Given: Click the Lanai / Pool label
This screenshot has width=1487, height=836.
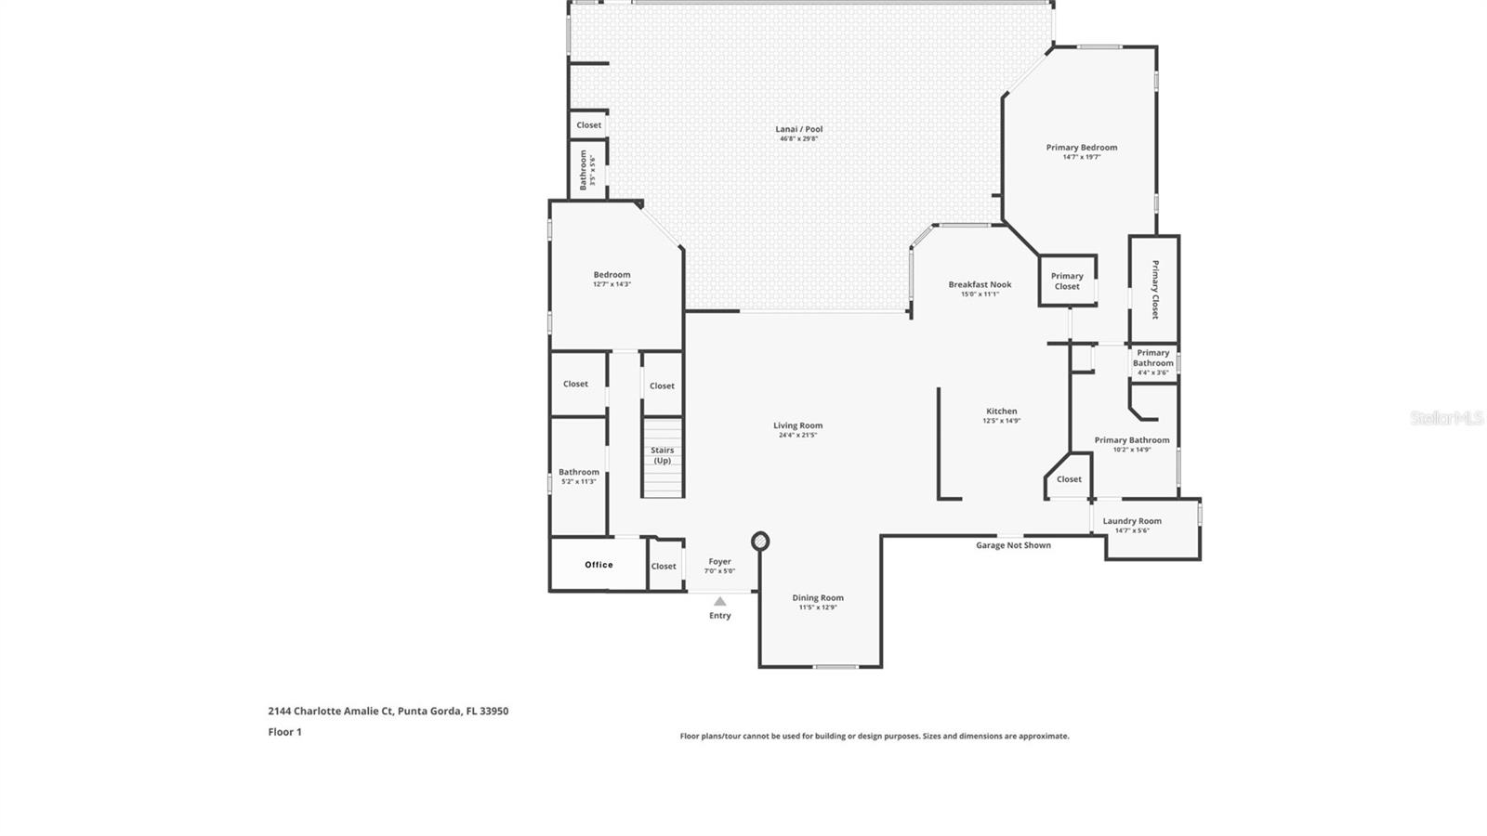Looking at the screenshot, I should tap(798, 129).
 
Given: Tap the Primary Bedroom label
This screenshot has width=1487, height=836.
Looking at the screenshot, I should tap(1081, 147).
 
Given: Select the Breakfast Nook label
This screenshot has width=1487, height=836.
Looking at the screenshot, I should tap(980, 284).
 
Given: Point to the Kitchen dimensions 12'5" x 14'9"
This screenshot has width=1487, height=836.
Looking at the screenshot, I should tap(1001, 421).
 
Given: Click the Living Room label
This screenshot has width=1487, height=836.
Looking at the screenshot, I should tap(797, 425).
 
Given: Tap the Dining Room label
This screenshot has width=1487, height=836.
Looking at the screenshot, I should tap(818, 597).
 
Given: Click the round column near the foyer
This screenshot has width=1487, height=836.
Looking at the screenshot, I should tap(760, 541).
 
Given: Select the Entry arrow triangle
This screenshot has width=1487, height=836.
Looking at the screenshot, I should tap(719, 602).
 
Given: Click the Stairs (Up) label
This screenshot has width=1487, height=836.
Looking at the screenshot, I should tap(662, 455).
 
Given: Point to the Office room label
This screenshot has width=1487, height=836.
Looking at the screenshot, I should tap(599, 565).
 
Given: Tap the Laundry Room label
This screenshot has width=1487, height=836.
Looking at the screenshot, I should tap(1131, 521).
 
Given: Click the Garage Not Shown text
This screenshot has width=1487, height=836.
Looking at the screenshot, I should tap(1013, 545).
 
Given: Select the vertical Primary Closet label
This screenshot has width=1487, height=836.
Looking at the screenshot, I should tap(1155, 290).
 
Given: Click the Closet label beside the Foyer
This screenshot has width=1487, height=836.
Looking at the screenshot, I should tap(664, 566).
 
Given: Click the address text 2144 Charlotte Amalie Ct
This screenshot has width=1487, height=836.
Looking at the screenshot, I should tap(388, 712).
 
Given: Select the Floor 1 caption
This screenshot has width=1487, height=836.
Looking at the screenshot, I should tap(284, 732).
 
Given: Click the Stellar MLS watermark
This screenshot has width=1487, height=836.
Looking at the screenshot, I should tap(1446, 419).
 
